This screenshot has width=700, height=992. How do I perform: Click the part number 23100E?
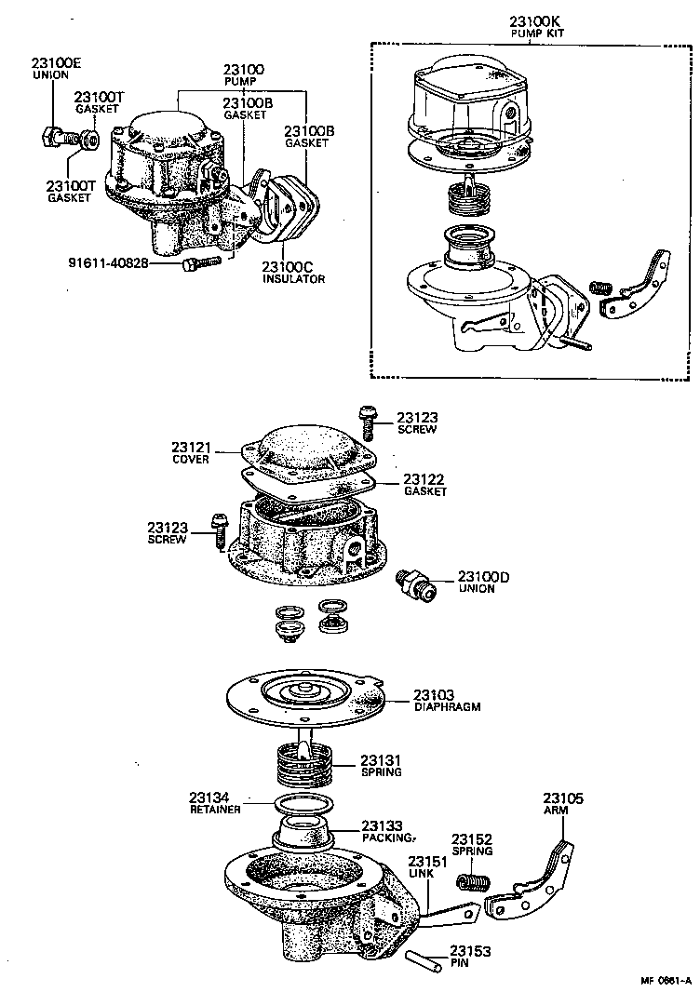coord(56,62)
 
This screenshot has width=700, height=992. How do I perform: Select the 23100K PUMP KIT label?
coord(537,27)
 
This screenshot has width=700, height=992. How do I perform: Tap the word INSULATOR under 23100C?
coord(293,279)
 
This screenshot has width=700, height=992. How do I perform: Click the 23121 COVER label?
coord(191,453)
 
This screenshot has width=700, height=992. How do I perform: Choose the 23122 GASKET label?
coord(424,485)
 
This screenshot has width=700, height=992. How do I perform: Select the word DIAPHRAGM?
coord(447,706)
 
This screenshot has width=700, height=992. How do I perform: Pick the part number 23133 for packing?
coord(382,825)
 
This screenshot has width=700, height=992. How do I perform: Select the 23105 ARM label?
coord(563,804)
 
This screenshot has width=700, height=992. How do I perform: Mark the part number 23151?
coord(427,860)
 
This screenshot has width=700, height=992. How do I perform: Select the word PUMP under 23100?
coord(243,82)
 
